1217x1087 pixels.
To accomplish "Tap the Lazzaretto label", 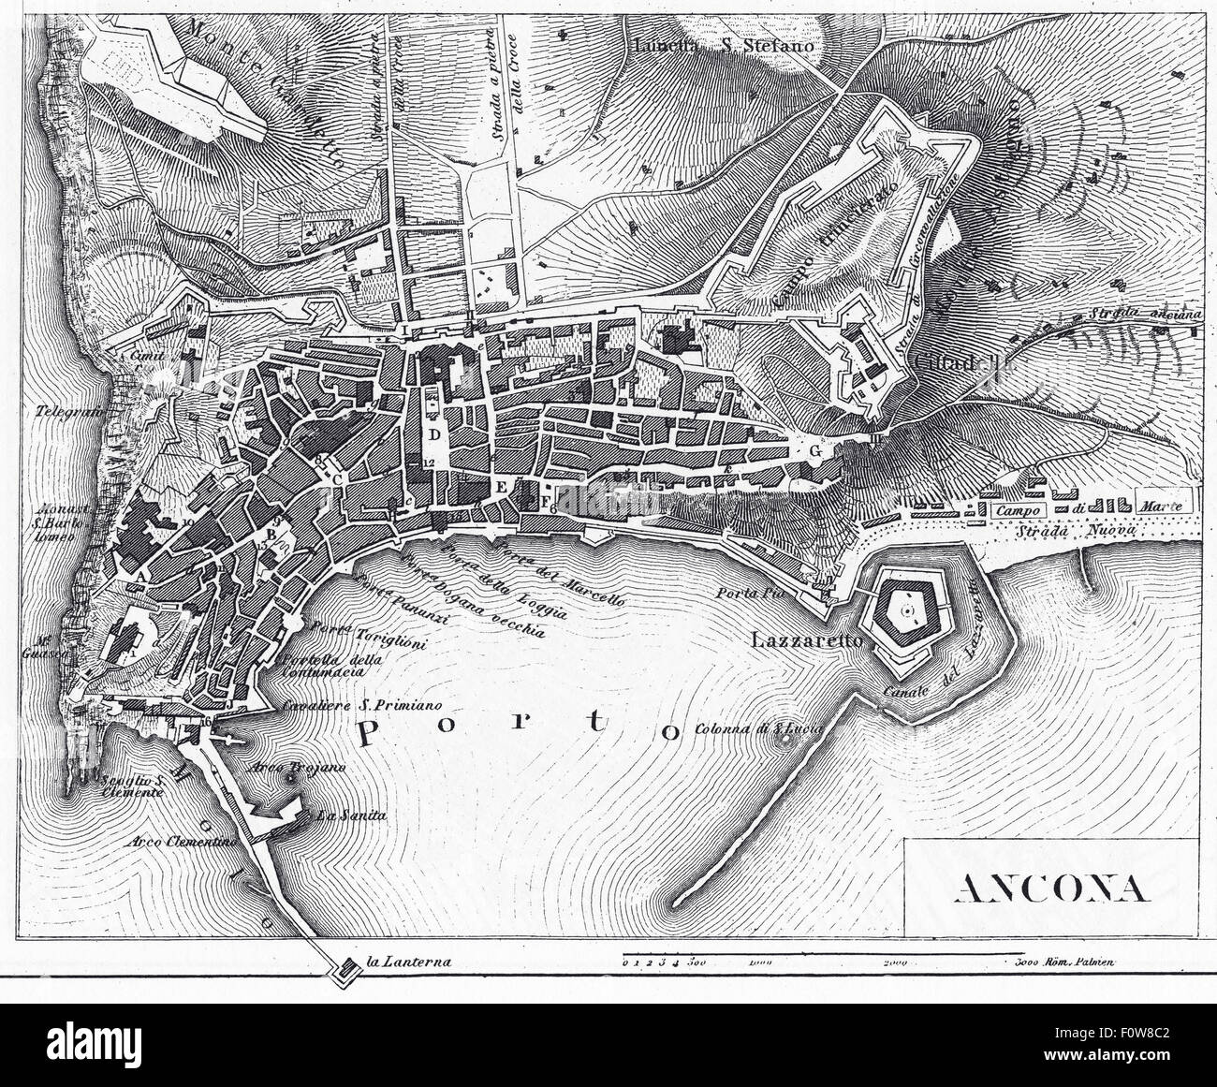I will [809, 642].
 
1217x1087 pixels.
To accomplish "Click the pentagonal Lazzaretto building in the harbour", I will [904, 612].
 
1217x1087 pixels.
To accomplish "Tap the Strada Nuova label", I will [1089, 531].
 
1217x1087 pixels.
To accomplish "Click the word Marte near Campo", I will [1163, 507].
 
